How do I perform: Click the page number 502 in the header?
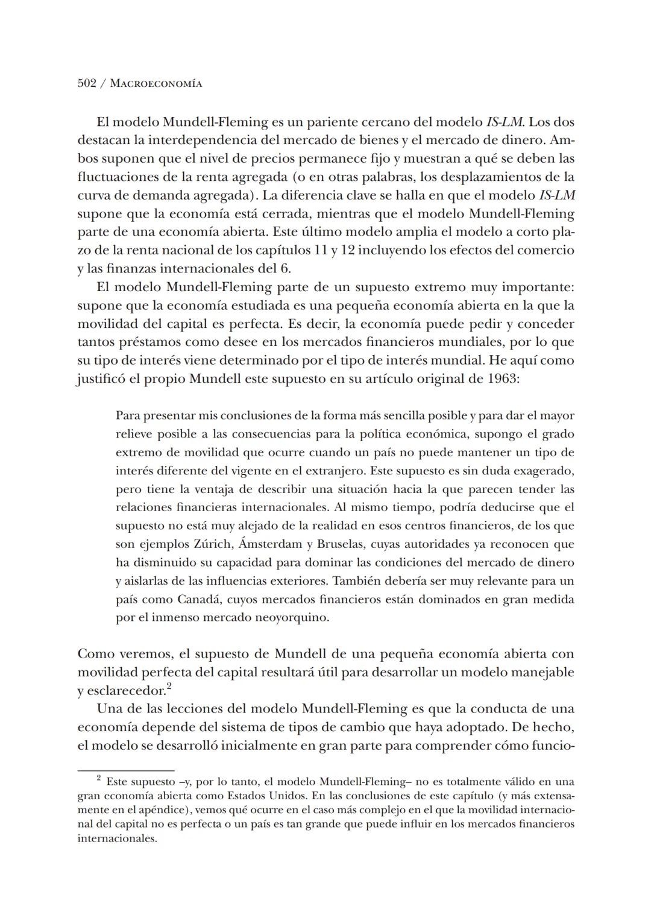tap(87, 83)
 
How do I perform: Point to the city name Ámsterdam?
tap(271, 544)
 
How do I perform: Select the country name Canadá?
tap(201, 600)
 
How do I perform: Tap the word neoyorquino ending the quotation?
tap(292, 618)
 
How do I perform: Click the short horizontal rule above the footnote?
tap(125, 770)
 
